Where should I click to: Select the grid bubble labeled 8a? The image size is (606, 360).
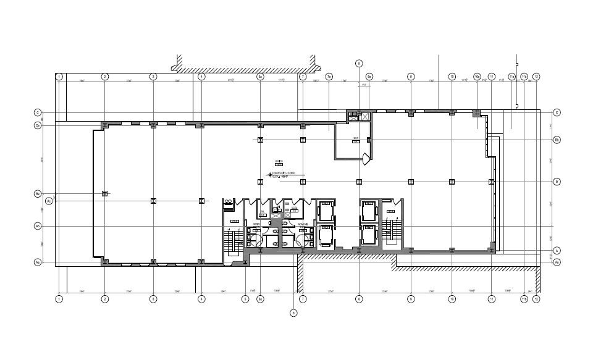(x=369, y=77)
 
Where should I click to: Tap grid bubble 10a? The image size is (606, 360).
(x=477, y=77)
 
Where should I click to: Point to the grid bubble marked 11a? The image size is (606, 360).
(x=511, y=77)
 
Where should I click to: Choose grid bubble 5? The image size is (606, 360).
(x=245, y=299)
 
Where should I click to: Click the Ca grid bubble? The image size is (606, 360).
(x=38, y=125)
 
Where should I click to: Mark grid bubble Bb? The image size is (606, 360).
(x=557, y=140)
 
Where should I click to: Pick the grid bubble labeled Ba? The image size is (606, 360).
(x=38, y=194)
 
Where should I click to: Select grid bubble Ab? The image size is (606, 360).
(x=38, y=226)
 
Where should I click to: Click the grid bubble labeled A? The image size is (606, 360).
(x=557, y=250)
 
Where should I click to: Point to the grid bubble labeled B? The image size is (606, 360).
(x=557, y=182)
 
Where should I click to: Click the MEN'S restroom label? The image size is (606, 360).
(x=257, y=215)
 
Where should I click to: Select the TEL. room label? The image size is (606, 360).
(x=263, y=211)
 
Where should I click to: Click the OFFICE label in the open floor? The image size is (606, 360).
(x=278, y=162)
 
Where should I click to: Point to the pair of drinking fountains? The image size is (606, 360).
(x=229, y=201)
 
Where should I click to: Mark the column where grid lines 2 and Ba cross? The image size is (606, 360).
(x=105, y=194)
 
